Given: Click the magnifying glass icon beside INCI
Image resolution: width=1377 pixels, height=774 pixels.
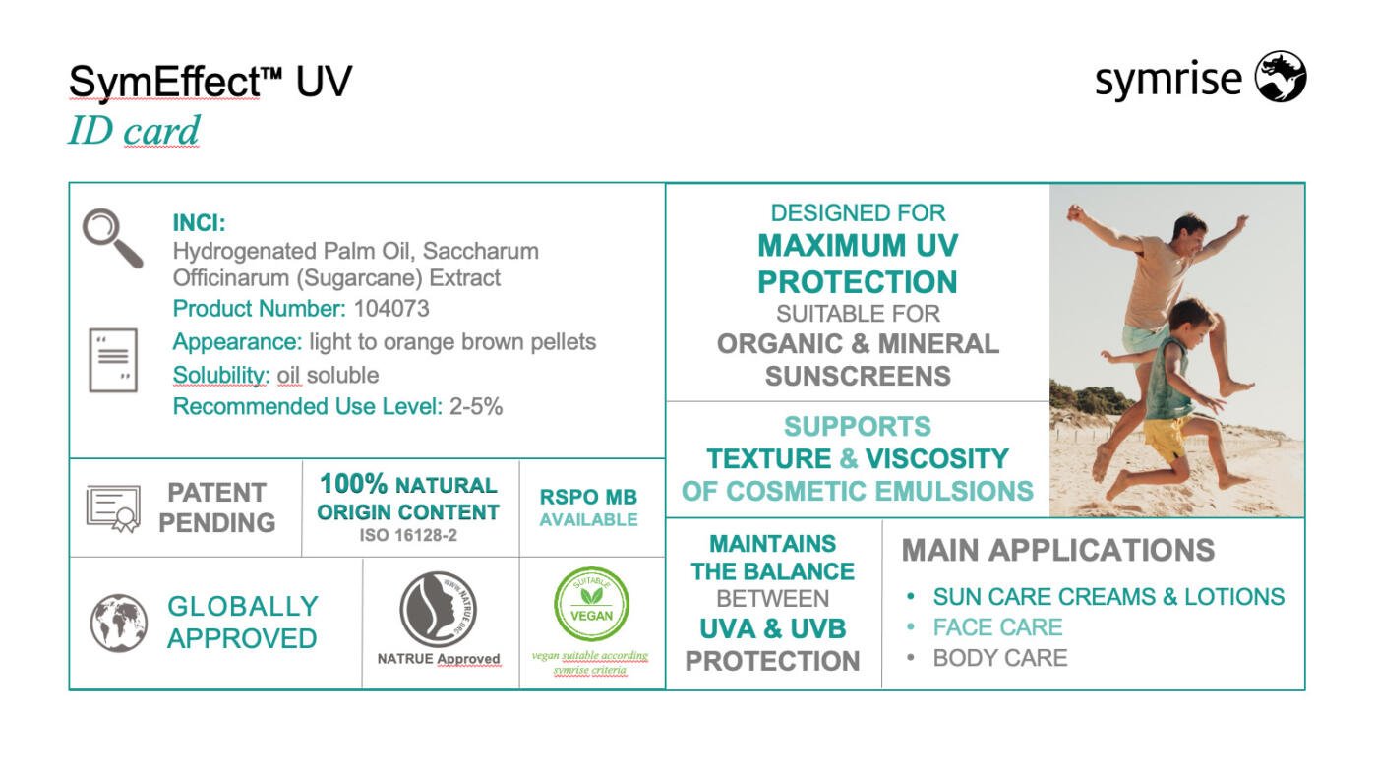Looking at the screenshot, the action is (x=112, y=238).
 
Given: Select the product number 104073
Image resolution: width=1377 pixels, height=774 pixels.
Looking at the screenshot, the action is (x=391, y=308).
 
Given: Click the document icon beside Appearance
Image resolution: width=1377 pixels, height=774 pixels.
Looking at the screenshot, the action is (x=113, y=360).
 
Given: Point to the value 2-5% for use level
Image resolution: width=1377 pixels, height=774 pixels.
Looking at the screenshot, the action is (x=476, y=406).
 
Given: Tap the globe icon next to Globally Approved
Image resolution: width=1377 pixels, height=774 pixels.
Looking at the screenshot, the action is (x=119, y=623).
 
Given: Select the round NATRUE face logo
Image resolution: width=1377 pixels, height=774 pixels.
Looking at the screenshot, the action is (x=438, y=610).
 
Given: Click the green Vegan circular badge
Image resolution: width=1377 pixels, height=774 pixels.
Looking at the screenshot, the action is (x=591, y=604).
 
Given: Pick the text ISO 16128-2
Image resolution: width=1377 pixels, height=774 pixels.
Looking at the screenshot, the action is (x=408, y=535).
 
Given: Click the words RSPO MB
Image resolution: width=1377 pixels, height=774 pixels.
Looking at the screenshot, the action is (x=588, y=497).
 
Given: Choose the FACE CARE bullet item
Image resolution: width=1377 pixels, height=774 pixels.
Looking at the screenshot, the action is (x=997, y=627).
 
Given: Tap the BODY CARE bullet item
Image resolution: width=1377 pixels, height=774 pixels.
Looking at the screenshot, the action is (x=1000, y=658).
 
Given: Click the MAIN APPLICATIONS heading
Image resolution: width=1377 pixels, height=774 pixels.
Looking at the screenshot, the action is (x=1058, y=550).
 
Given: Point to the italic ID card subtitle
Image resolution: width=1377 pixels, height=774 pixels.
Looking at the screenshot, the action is (x=134, y=131).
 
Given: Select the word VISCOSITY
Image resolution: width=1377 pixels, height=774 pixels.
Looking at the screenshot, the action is (x=936, y=459).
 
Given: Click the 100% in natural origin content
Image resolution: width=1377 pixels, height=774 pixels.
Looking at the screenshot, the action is (x=353, y=484).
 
